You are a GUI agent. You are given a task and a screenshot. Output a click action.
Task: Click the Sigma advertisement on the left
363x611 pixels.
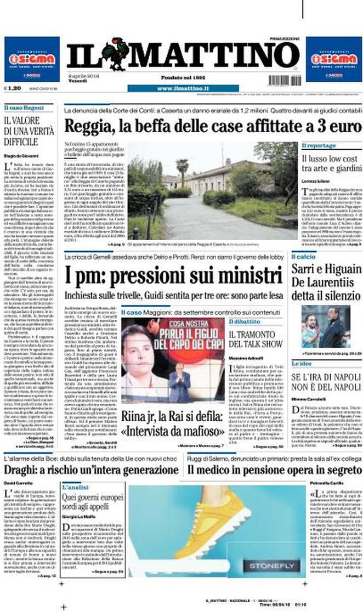click(32, 59)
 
